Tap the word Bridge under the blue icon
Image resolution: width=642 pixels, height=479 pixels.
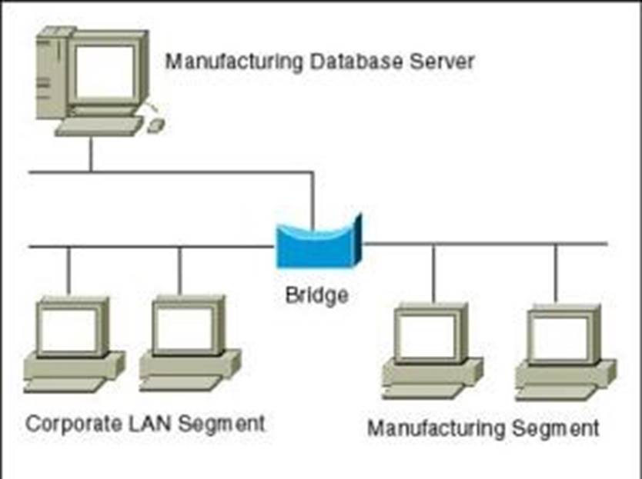316,294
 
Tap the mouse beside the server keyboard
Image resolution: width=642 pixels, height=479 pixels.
155,125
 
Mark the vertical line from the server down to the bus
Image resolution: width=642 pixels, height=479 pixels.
91,155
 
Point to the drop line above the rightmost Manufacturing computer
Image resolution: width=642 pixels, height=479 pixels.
556,273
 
